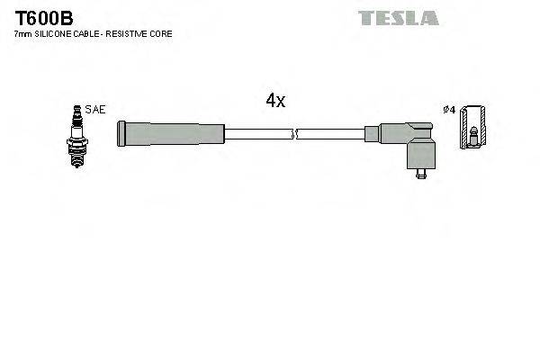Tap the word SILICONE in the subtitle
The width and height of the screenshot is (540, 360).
click(56, 33)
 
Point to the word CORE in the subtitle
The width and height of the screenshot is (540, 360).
click(163, 33)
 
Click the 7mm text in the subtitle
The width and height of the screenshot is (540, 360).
click(22, 33)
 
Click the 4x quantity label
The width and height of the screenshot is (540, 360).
click(275, 101)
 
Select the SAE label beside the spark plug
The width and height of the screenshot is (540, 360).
click(96, 109)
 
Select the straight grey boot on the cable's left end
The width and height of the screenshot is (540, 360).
click(171, 134)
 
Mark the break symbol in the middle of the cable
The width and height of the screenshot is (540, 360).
click(293, 134)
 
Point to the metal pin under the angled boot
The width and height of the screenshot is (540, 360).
click(418, 174)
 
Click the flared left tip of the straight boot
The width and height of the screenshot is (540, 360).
click(121, 134)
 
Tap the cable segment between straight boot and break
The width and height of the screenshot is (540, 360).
click(256, 134)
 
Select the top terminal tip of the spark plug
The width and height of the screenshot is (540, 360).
click(77, 108)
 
